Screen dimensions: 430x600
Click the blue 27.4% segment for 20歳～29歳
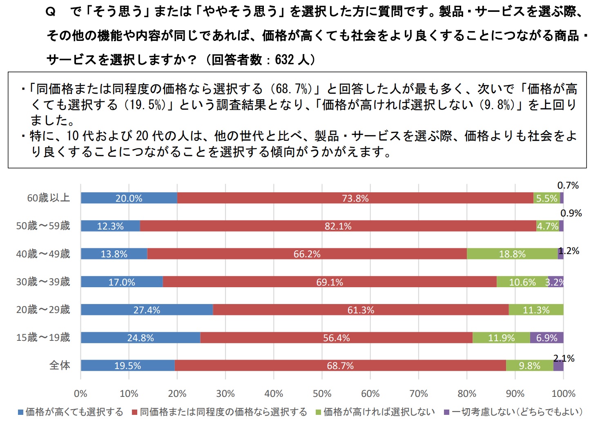tap(147, 310)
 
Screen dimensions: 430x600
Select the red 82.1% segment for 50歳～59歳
tap(338, 226)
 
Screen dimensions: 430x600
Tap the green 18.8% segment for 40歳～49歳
tap(512, 254)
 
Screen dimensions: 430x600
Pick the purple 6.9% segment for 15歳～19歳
tap(546, 338)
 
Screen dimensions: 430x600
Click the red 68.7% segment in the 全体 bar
tap(340, 365)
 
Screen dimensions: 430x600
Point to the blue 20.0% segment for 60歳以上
tap(129, 198)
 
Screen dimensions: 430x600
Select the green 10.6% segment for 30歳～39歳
tap(522, 282)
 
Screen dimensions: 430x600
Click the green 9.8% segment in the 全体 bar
tap(529, 365)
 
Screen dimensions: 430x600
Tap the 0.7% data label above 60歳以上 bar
tap(568, 185)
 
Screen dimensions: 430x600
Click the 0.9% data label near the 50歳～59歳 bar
tap(571, 213)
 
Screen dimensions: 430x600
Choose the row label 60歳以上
tap(49, 198)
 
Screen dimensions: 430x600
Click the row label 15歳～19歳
tap(43, 338)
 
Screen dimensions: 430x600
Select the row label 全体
tap(60, 365)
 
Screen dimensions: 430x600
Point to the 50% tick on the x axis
tap(322, 394)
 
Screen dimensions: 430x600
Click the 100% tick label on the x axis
tap(563, 394)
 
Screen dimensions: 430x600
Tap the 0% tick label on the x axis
tap(80, 394)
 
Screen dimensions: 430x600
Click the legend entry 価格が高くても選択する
tap(74, 412)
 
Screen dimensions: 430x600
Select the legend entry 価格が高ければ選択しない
tap(379, 412)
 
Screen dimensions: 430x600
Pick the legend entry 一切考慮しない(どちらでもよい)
tap(517, 412)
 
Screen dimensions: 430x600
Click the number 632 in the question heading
tap(284, 60)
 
